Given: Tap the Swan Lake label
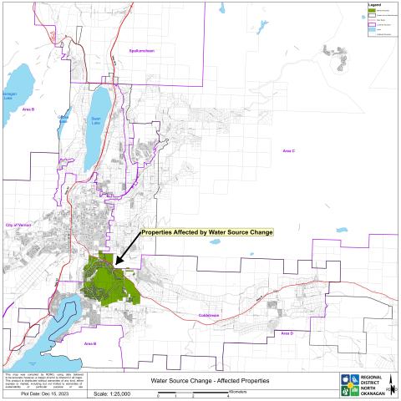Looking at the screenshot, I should click(96, 119).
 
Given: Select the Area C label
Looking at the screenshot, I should click(288, 150).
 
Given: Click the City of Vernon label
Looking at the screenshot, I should click(21, 226).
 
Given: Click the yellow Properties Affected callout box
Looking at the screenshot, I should click(206, 231).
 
